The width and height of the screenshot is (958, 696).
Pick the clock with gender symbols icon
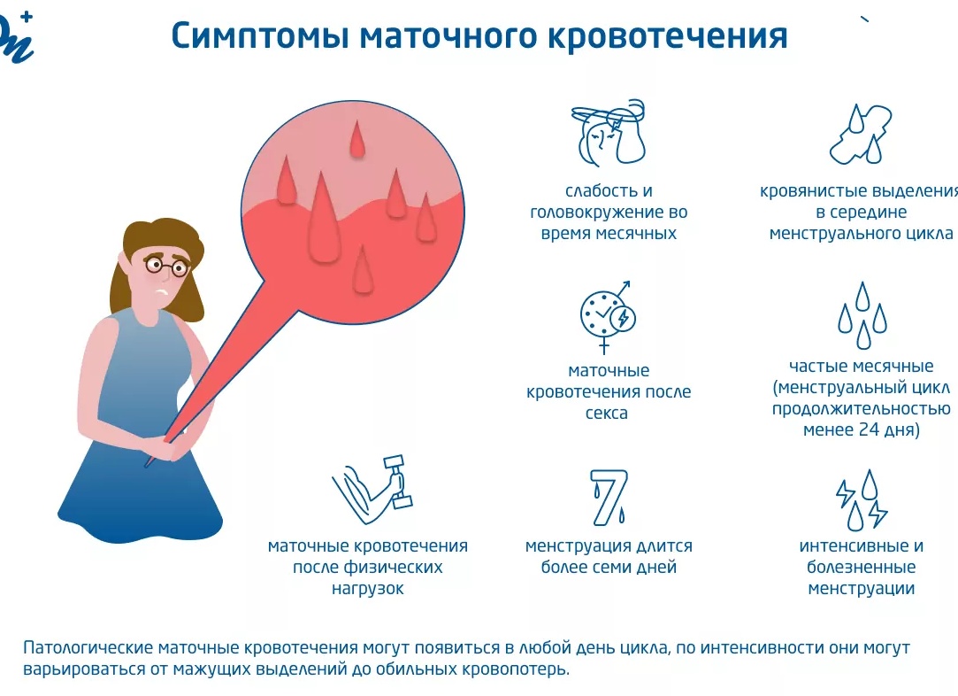[x=608, y=314]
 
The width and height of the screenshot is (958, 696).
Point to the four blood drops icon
[x=861, y=315]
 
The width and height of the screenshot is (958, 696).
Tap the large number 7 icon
[x=609, y=496]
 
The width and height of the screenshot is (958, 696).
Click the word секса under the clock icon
[x=608, y=414]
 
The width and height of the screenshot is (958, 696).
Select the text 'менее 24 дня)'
[x=861, y=430]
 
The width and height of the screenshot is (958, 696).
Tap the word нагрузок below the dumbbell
[x=367, y=588]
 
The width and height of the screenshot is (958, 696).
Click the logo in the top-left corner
[x=15, y=35]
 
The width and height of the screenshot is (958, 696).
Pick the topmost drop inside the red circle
[x=357, y=140]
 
